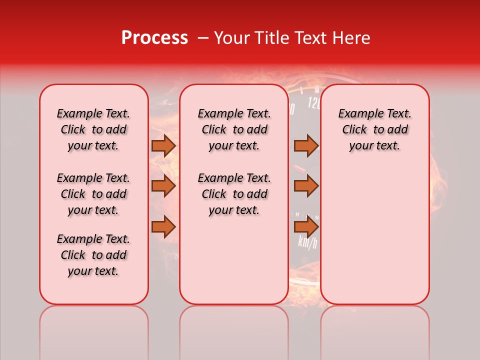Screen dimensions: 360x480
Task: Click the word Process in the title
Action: point(154,38)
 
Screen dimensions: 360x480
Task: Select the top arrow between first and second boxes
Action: point(163,145)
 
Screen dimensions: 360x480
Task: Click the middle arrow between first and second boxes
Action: point(163,186)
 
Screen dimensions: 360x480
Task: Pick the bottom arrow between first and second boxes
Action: point(163,227)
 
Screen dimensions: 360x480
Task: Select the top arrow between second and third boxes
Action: point(305,145)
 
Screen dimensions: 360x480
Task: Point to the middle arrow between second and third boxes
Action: point(305,186)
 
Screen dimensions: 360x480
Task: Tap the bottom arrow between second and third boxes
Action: point(305,227)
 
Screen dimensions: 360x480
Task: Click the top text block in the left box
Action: point(93,129)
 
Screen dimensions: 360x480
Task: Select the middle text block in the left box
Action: point(93,194)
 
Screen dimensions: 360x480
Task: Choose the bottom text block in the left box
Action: point(93,255)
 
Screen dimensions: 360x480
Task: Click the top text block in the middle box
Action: point(234,129)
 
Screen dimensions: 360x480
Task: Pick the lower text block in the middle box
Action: point(234,194)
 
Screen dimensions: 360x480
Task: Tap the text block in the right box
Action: point(375,129)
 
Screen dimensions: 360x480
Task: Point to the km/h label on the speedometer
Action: point(307,242)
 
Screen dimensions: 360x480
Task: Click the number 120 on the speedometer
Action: point(314,103)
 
